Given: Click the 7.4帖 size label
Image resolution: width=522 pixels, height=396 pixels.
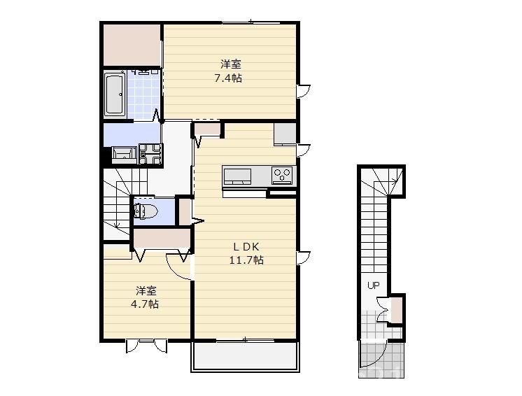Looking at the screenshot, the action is click(x=228, y=78).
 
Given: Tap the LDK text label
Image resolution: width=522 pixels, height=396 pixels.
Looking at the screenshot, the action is click(x=246, y=246).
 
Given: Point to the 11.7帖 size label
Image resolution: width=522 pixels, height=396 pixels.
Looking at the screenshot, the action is click(x=246, y=260).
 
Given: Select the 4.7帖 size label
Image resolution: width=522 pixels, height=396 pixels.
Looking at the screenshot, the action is click(x=144, y=304).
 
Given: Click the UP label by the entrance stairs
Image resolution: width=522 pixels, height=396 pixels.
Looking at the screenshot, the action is click(x=373, y=285).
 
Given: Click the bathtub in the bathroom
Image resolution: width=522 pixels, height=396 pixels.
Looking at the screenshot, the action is click(x=115, y=94).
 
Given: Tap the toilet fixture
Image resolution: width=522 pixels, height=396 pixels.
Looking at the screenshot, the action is click(x=146, y=211).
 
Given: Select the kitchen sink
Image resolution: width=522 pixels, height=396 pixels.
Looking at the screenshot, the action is click(x=237, y=176).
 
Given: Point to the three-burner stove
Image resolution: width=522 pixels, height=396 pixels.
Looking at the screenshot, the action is click(x=282, y=175).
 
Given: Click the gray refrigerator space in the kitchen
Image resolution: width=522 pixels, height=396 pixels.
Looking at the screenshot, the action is click(x=285, y=134).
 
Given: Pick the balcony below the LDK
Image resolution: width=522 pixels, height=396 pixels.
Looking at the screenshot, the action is click(x=246, y=356).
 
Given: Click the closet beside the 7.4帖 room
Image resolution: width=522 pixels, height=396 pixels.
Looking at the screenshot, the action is click(x=132, y=45).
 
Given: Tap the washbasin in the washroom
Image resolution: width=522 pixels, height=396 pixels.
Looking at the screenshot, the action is click(x=124, y=155).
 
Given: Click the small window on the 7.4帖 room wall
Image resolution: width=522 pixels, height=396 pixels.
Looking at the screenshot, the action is click(x=303, y=91).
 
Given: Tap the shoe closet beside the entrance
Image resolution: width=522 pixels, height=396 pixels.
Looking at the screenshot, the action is click(x=397, y=310).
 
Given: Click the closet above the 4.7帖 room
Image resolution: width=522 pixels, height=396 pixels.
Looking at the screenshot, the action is click(x=162, y=239).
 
